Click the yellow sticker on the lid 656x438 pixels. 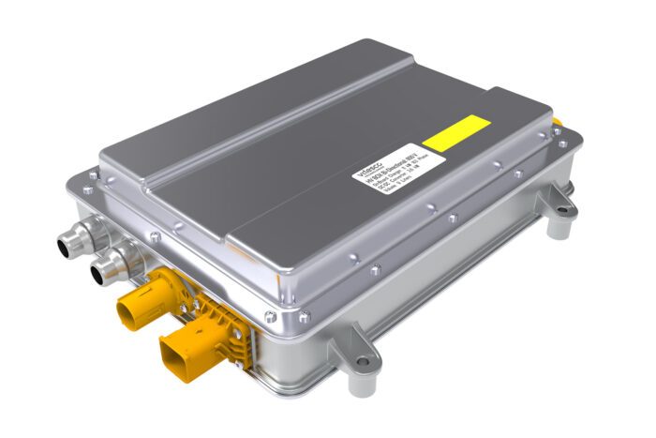tap(456, 134)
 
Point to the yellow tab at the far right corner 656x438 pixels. tap(558, 124)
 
